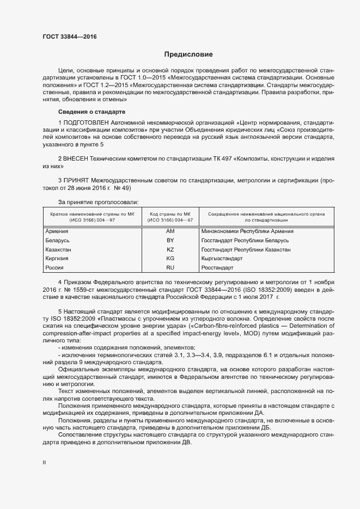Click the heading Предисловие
(189, 54)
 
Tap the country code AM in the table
(170, 231)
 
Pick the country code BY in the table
(170, 241)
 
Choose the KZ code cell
(170, 250)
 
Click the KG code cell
(170, 259)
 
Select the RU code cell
(170, 268)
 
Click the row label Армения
(57, 231)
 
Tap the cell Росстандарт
(217, 268)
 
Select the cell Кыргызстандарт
(222, 259)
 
